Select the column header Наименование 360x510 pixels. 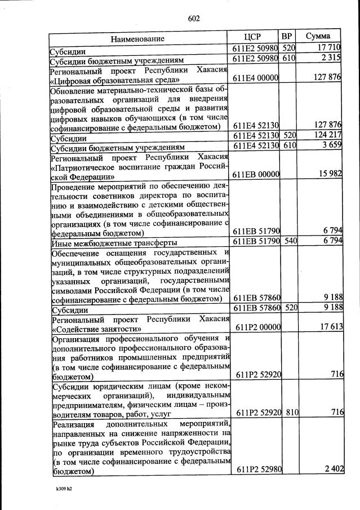[x=137, y=39]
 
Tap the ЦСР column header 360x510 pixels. [x=255, y=37]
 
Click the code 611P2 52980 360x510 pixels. [x=256, y=470]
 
